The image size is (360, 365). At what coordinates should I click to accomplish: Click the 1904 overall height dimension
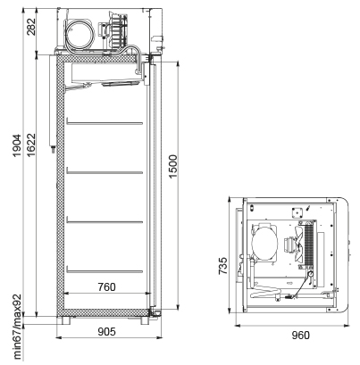tap(16, 145)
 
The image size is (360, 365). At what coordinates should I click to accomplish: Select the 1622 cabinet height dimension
tap(30, 145)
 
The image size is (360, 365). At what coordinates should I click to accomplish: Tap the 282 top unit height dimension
tap(30, 27)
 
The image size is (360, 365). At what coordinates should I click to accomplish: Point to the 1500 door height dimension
tap(172, 166)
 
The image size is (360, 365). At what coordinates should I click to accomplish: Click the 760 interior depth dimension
tap(106, 287)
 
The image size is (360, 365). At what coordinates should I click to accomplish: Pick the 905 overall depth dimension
tap(106, 331)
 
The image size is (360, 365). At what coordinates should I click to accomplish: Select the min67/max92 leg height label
tap(17, 327)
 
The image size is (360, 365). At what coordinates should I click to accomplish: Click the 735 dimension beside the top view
tap(222, 266)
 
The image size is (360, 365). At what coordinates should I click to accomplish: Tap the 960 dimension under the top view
tap(300, 336)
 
